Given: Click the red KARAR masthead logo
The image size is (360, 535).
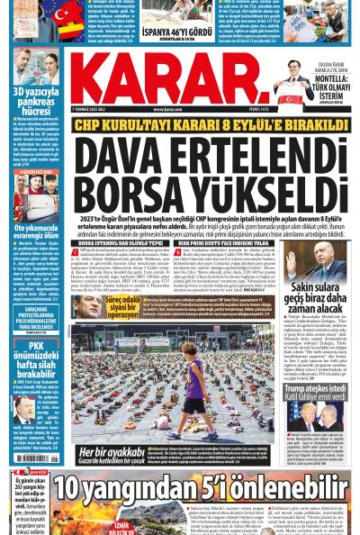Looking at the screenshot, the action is (x=179, y=82).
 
